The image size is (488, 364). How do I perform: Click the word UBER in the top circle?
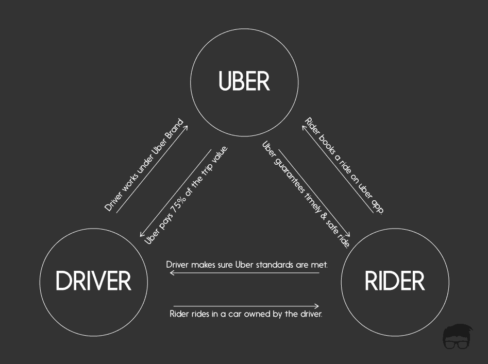[x=244, y=81]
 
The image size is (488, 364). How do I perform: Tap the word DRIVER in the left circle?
[x=93, y=281]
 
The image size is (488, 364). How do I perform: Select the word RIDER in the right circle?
[x=395, y=281]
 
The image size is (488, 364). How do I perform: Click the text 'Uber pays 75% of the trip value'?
[x=186, y=195]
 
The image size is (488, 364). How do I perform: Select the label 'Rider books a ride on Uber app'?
[x=344, y=165]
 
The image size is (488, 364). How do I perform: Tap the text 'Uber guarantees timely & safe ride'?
[x=307, y=194]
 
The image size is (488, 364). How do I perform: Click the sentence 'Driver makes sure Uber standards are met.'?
[x=247, y=265]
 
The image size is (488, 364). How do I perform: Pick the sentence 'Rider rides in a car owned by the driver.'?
[x=246, y=314]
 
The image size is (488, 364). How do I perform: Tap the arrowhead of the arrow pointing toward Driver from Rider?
[x=171, y=273]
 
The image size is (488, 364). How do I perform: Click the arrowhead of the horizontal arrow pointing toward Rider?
[x=317, y=306]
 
